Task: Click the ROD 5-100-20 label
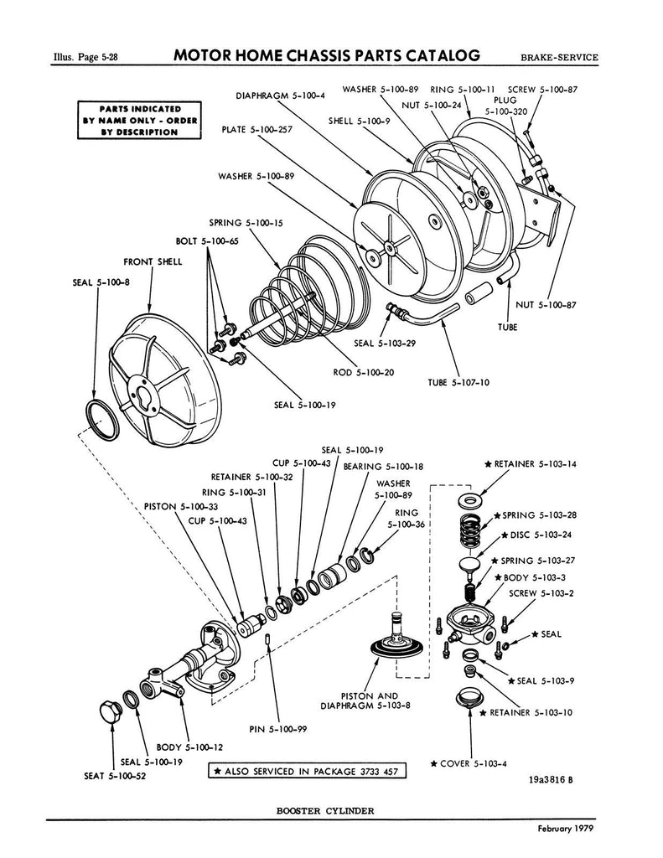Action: click(365, 373)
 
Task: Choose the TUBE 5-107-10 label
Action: click(459, 382)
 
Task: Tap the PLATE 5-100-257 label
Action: click(257, 131)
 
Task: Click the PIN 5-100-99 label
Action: click(278, 729)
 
